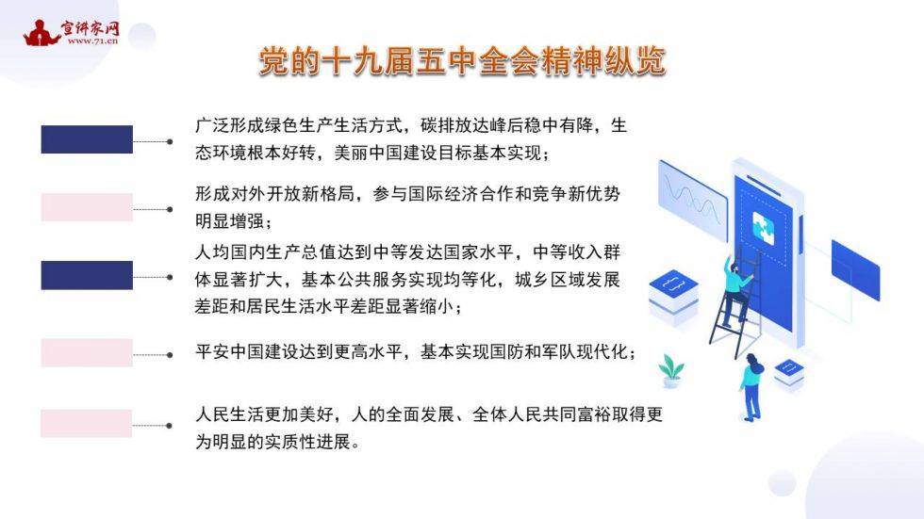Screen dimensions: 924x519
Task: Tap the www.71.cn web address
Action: coord(92,41)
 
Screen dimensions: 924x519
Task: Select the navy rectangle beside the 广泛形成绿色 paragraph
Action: coord(87,139)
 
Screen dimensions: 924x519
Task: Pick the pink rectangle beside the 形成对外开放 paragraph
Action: coord(87,207)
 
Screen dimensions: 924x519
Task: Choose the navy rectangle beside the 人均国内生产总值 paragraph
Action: coord(87,275)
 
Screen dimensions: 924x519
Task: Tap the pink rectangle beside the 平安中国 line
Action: coord(87,352)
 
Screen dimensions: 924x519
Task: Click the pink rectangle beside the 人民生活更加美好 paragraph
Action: coord(87,423)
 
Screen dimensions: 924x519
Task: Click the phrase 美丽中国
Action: coord(369,153)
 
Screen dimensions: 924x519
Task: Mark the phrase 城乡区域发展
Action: coord(567,280)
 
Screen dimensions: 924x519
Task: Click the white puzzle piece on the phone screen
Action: coord(764,228)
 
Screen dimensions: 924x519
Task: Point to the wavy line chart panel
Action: coord(693,199)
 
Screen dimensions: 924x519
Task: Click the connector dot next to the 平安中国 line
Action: coord(170,355)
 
